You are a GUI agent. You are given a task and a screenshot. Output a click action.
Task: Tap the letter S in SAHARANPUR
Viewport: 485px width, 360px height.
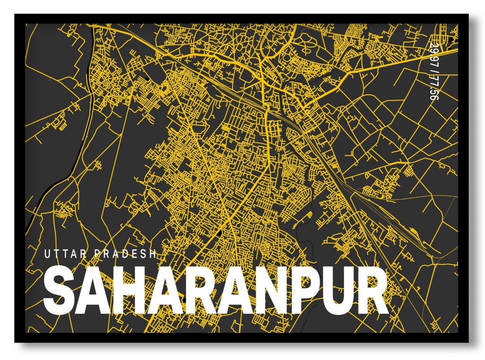point(59,291)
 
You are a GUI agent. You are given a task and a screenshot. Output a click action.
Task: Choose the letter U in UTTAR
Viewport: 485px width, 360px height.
point(47,254)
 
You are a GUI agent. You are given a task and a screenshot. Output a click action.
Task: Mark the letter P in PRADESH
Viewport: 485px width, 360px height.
point(97,254)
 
